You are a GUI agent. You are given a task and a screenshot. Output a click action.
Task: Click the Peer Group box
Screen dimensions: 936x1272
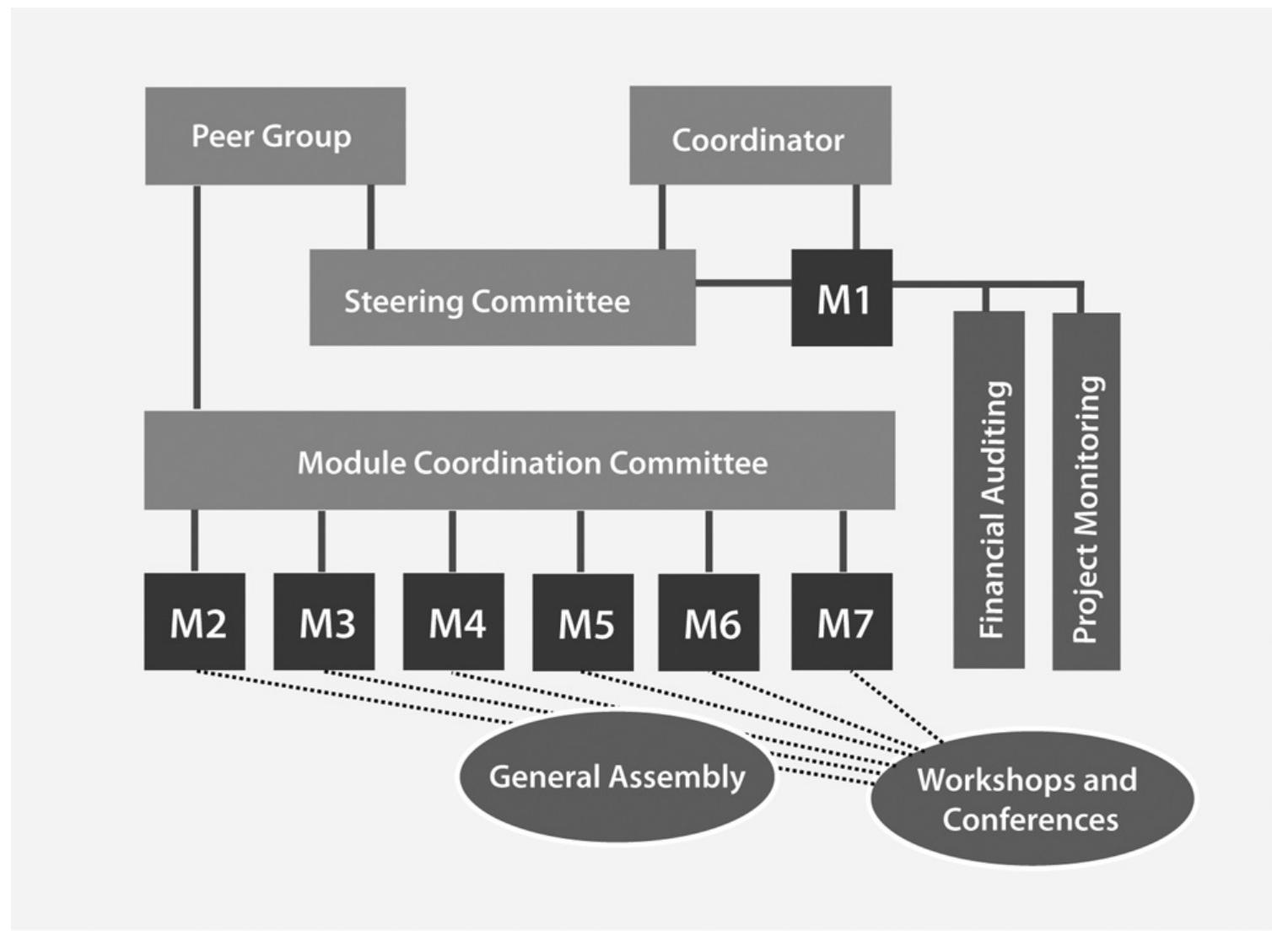[x=275, y=136]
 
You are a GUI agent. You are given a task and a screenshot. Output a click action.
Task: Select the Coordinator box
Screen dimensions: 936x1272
[x=760, y=135]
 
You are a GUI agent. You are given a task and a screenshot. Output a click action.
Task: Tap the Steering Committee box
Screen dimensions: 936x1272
[x=502, y=298]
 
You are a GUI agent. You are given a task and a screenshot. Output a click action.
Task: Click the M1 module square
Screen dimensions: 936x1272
[x=842, y=298]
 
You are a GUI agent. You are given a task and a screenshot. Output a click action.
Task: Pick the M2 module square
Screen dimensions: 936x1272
[x=195, y=622]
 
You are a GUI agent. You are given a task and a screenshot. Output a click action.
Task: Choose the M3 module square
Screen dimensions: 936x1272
[x=324, y=622]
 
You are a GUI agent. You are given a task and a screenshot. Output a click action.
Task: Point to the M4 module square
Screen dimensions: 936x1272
[x=454, y=622]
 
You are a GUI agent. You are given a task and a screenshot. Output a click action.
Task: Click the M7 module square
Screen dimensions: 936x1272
[x=842, y=622]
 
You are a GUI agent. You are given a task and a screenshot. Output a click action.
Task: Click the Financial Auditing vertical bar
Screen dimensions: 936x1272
[x=989, y=489]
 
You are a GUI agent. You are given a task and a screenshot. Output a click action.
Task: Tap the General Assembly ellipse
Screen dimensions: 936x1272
[x=617, y=777]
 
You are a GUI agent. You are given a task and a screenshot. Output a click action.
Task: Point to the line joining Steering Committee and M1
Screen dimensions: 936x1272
[x=743, y=282]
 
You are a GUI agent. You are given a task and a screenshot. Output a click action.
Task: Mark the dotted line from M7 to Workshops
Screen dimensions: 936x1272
[x=894, y=708]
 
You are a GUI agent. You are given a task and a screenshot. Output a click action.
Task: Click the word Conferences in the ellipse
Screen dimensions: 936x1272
[x=1031, y=820]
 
